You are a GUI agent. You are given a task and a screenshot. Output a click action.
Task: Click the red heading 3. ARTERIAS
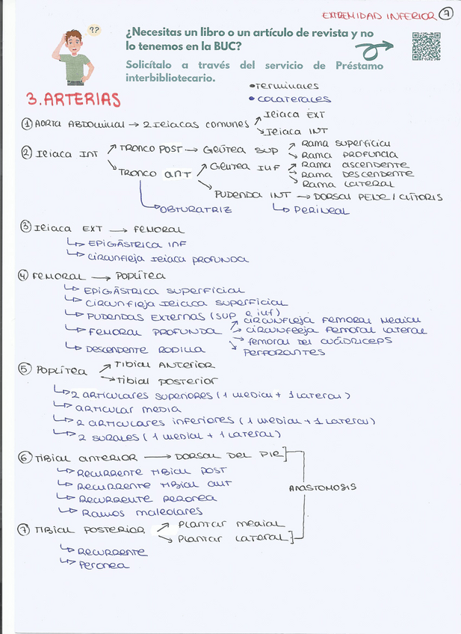coord(73,99)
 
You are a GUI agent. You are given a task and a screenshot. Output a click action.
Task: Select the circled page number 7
coord(445,14)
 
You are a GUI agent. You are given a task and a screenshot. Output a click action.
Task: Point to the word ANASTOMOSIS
coord(322,487)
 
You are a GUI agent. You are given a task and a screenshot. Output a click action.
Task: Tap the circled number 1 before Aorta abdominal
coord(26,124)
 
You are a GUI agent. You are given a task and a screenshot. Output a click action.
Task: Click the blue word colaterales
coord(294,99)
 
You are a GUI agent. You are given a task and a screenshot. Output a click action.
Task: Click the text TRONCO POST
coord(148,148)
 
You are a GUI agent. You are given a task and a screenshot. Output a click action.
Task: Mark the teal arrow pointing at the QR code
coord(377,49)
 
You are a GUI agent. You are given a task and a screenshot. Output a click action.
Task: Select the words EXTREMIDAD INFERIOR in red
coord(378,16)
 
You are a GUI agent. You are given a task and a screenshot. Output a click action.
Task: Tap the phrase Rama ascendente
coord(354,164)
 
